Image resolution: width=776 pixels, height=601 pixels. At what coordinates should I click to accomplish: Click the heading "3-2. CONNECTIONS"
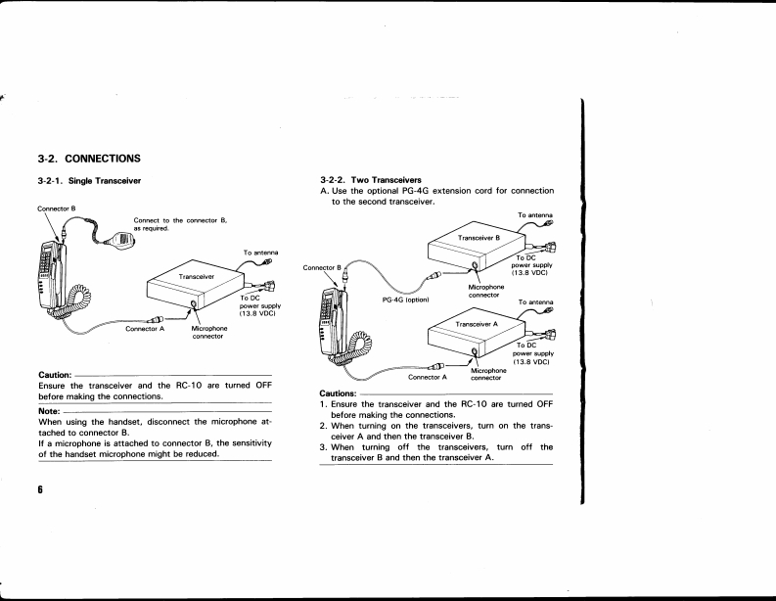click(x=90, y=158)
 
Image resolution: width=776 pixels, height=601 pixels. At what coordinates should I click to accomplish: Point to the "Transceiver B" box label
click(x=479, y=238)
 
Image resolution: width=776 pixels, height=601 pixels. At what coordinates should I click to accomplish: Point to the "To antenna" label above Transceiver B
click(x=535, y=215)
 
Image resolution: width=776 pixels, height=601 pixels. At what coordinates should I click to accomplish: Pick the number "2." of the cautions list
click(x=324, y=426)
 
